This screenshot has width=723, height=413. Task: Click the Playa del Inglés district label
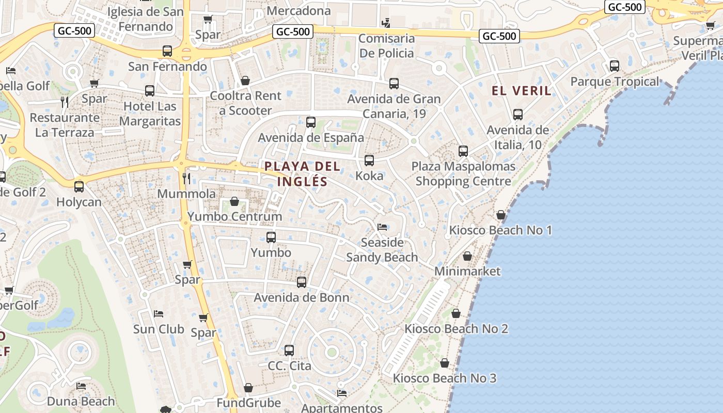click(303, 174)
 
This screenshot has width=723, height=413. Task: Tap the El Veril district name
click(522, 91)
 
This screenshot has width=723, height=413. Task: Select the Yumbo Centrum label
click(235, 216)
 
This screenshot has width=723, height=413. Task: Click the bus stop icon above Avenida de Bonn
click(302, 282)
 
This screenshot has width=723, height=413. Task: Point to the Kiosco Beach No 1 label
click(500, 230)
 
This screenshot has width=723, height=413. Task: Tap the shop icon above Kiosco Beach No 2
click(456, 313)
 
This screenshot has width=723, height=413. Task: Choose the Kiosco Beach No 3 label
click(444, 378)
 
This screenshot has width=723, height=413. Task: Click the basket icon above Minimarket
click(467, 256)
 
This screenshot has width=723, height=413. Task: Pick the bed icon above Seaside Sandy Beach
click(382, 227)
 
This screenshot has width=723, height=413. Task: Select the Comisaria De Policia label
click(386, 46)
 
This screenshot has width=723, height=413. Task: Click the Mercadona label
click(299, 11)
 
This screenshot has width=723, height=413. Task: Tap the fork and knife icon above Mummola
click(186, 179)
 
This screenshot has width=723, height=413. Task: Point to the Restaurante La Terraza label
click(65, 125)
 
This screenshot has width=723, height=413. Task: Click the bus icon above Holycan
click(79, 187)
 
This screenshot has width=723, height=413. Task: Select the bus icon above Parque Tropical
click(615, 66)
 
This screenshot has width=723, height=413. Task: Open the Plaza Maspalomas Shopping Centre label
click(463, 174)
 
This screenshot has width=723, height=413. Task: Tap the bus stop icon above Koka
click(369, 161)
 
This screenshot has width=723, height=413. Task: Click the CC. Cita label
click(289, 366)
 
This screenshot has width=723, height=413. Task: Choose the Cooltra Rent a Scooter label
click(245, 103)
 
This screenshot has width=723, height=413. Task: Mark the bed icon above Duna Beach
click(81, 386)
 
